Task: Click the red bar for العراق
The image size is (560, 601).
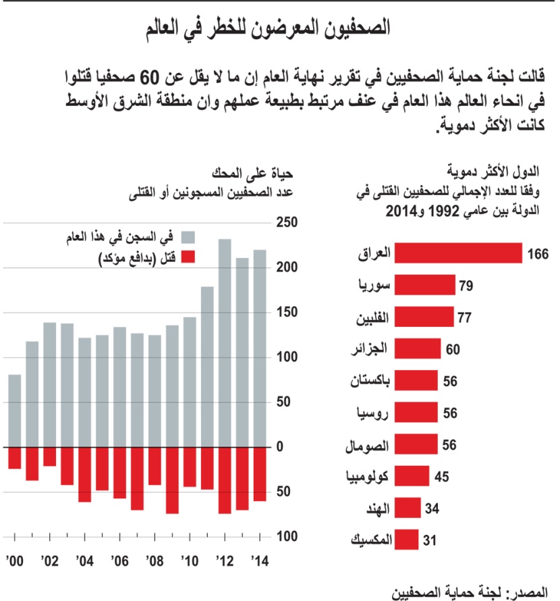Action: click(x=458, y=253)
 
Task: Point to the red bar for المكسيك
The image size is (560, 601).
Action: click(x=405, y=540)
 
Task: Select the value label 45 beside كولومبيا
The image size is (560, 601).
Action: click(x=441, y=477)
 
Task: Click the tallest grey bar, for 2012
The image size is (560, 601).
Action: click(x=225, y=343)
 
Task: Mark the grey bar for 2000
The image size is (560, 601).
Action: click(x=14, y=411)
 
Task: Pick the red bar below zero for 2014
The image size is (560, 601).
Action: click(x=260, y=474)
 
